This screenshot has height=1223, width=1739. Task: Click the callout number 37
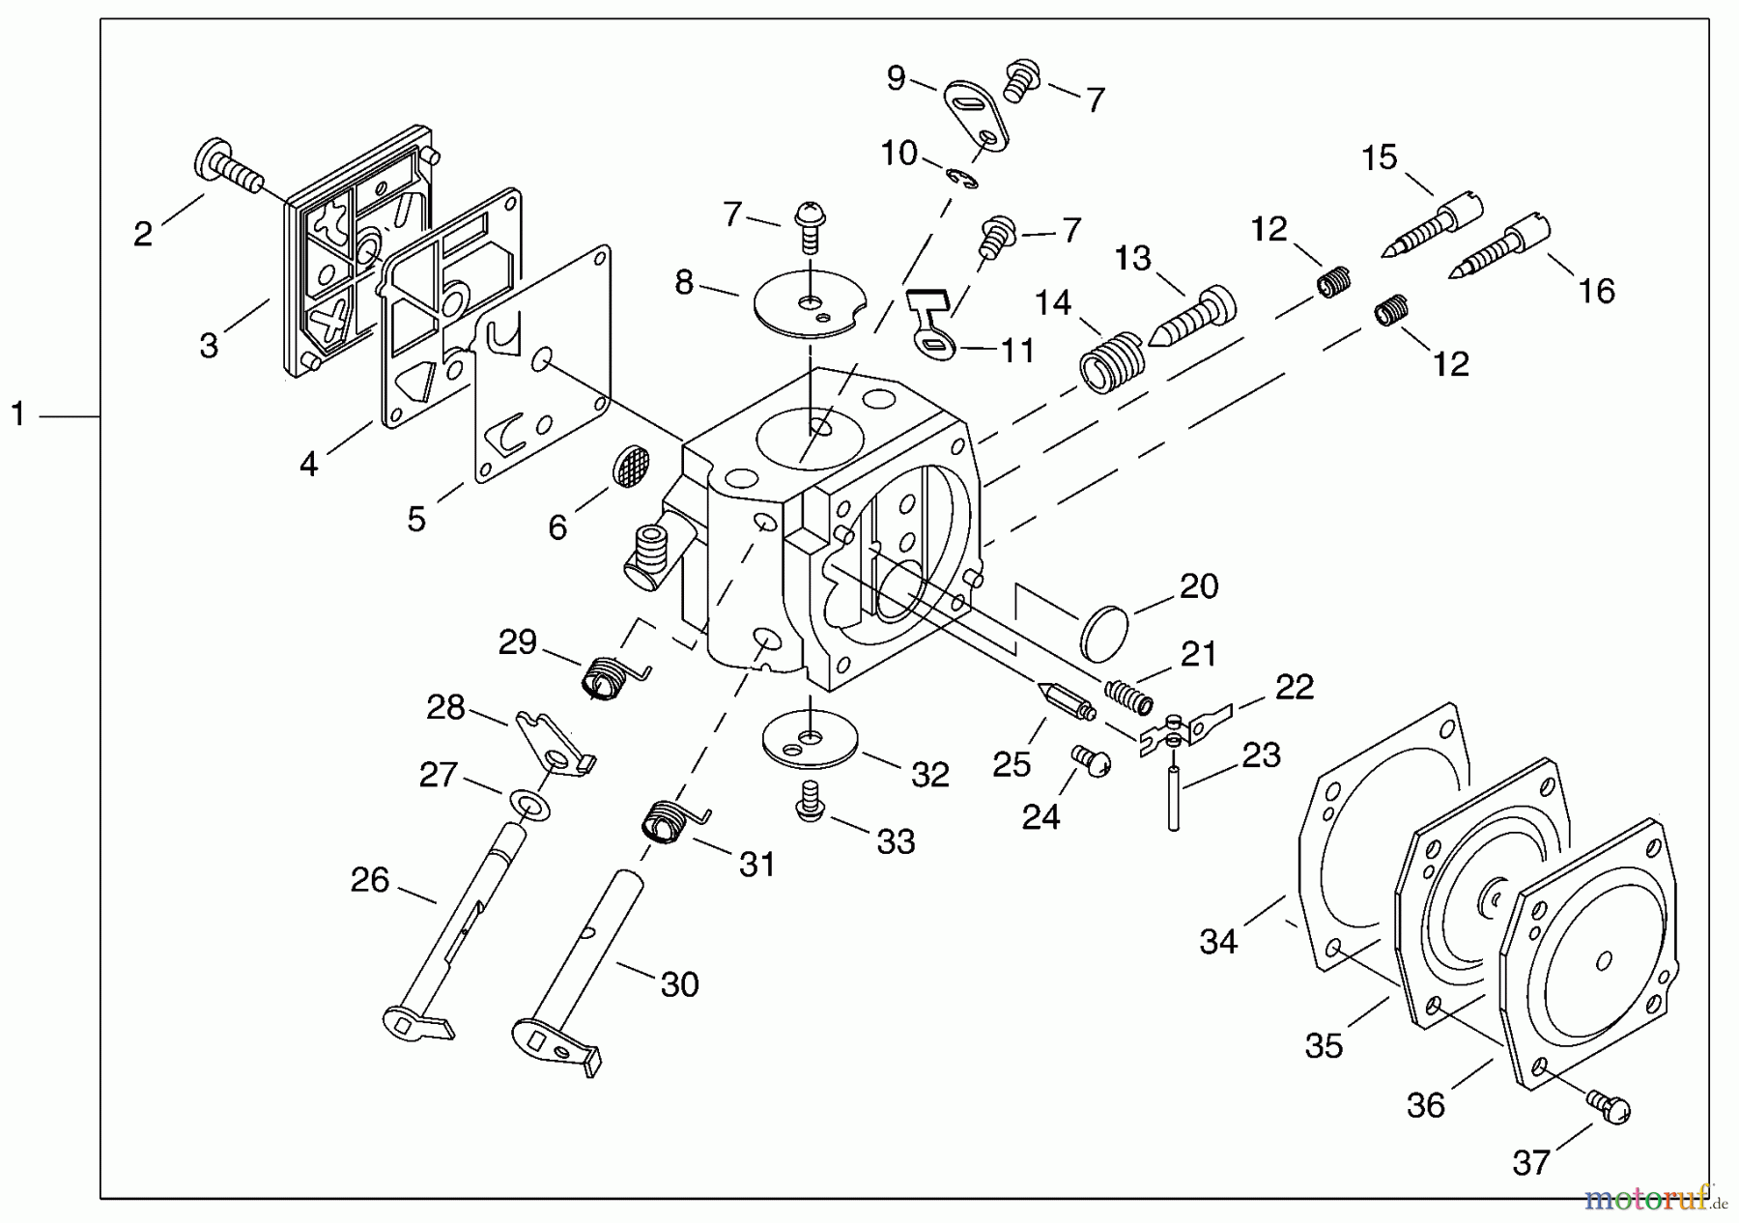point(1531,1163)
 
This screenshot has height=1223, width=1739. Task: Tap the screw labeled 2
point(230,168)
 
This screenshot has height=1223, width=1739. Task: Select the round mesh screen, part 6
point(631,465)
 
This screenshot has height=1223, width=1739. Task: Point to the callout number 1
point(17,414)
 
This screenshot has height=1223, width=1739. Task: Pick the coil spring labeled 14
point(1112,362)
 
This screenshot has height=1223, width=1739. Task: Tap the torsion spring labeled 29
point(607,675)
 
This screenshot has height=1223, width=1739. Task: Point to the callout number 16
point(1596,290)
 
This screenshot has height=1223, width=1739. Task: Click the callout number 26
point(369,880)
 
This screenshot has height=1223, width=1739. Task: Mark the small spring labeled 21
point(1129,696)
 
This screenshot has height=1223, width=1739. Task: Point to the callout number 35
point(1324,1045)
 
